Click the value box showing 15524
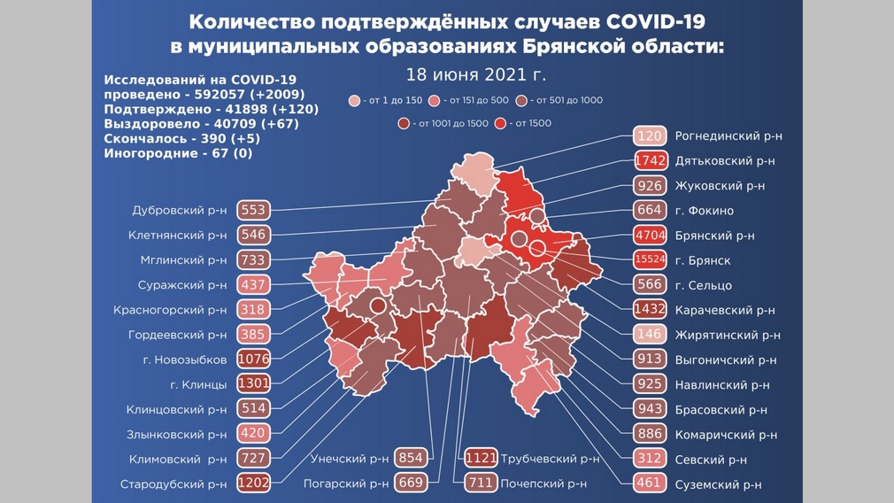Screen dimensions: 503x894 (650, 260)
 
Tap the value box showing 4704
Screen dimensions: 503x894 (650, 236)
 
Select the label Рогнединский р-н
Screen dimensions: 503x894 (728, 136)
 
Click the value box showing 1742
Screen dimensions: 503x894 (650, 161)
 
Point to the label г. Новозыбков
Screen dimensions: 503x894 (183, 360)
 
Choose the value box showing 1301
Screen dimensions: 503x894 (253, 384)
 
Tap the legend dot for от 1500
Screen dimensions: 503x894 (502, 123)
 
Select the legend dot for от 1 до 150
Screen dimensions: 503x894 (355, 101)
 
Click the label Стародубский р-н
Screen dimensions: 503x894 (173, 484)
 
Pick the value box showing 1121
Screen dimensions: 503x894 (481, 459)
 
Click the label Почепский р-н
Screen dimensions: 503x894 (543, 484)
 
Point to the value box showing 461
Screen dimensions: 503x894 (650, 484)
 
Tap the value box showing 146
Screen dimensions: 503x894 (650, 335)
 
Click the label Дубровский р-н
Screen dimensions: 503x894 (179, 211)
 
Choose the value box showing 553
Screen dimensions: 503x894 (253, 211)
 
